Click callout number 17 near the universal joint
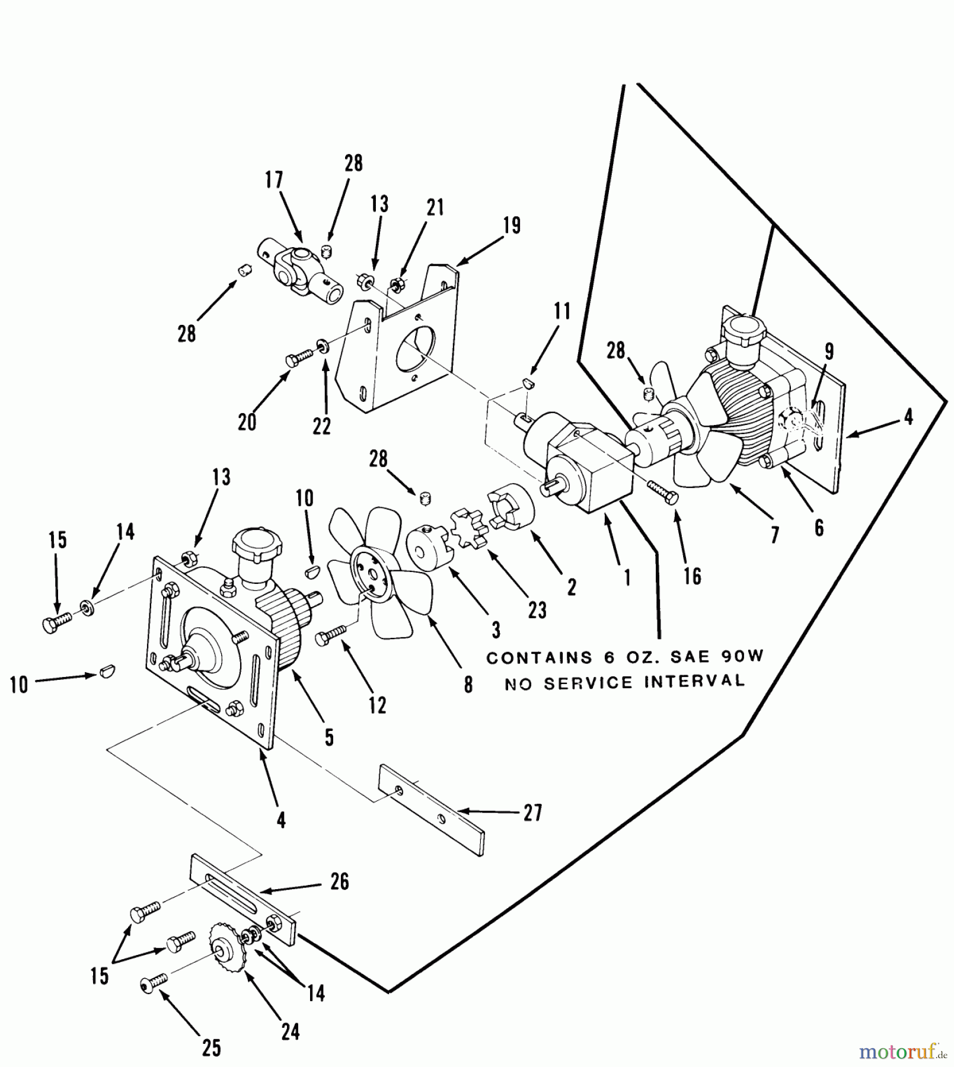(274, 180)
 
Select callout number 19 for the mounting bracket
(511, 225)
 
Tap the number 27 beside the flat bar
(532, 813)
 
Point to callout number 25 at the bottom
(211, 1048)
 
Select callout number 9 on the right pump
(828, 351)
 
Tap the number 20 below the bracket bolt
(247, 422)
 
